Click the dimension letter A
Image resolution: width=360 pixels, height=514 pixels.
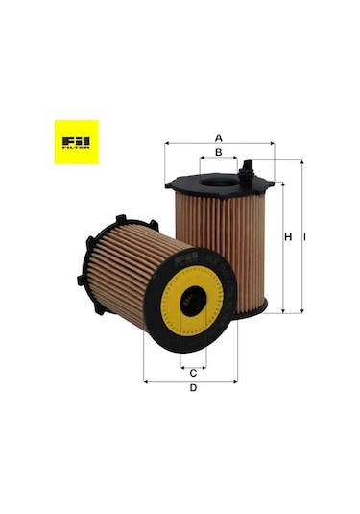point(219,138)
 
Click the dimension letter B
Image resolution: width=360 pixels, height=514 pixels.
point(219,152)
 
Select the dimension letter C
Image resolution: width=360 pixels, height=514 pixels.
point(193,373)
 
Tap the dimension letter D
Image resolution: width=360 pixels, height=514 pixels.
point(194,388)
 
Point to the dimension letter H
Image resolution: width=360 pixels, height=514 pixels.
point(288,236)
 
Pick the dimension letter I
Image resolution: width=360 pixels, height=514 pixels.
point(304,236)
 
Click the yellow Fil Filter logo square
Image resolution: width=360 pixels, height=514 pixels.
point(77,142)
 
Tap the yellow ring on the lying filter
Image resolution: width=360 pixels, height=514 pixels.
point(170,311)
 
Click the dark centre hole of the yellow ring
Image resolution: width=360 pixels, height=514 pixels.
point(194,302)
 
